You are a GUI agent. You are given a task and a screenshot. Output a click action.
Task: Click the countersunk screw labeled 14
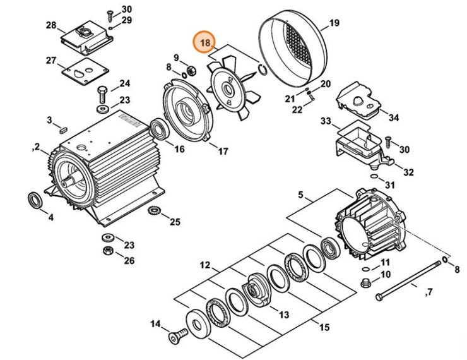coord(176,336)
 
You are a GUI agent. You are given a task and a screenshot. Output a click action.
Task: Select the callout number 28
coord(51,26)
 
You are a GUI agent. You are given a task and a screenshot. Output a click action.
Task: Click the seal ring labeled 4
coord(35,200)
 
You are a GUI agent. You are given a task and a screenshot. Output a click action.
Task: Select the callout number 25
coord(175,222)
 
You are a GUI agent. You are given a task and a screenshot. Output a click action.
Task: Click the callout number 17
coord(223,152)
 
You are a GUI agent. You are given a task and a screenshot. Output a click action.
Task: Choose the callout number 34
coord(394,117)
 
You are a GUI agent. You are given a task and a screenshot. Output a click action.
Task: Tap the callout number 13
coord(283,315)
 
